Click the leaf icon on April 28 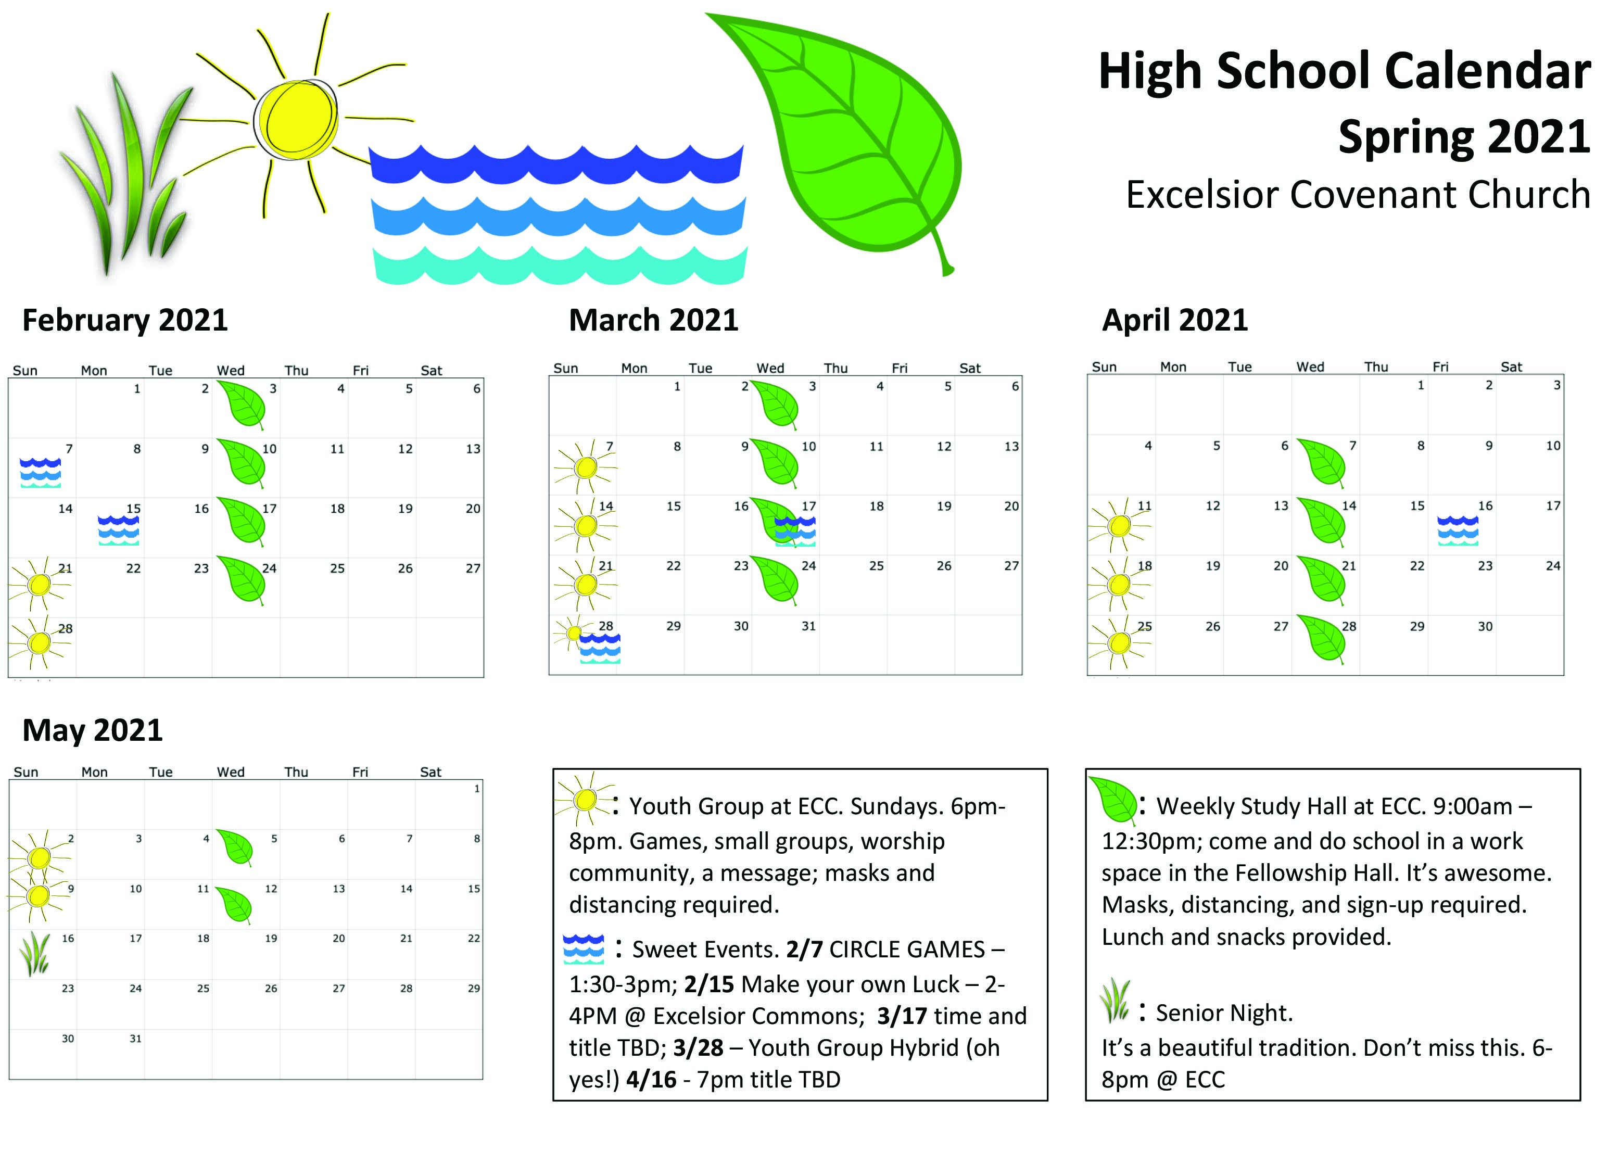point(1322,640)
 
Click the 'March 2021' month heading point(653,320)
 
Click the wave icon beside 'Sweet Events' point(583,949)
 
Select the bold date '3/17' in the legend point(902,1016)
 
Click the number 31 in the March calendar point(808,626)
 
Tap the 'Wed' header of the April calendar point(1310,366)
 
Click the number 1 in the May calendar point(477,788)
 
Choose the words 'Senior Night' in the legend point(1224,1014)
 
